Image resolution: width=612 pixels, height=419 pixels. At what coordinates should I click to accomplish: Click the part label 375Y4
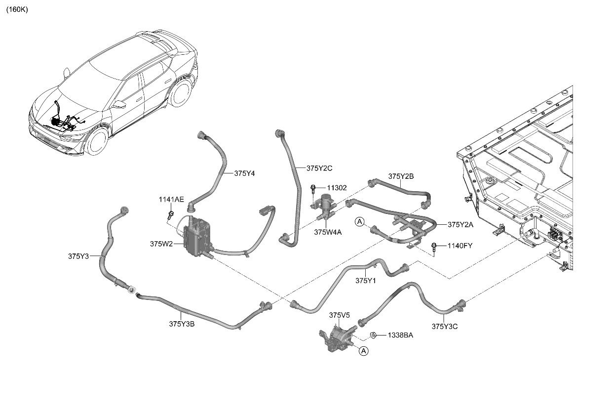pyautogui.click(x=244, y=173)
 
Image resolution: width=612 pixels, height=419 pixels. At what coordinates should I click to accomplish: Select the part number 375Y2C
pyautogui.click(x=319, y=168)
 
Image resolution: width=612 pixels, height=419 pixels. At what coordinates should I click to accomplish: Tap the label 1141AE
pyautogui.click(x=171, y=200)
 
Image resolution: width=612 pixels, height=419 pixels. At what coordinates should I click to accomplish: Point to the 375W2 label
pyautogui.click(x=161, y=244)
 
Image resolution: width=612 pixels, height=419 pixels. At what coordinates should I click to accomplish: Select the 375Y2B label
pyautogui.click(x=401, y=176)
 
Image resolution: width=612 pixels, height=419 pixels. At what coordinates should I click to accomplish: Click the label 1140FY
pyautogui.click(x=460, y=246)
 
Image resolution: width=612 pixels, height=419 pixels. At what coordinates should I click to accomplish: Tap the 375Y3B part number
pyautogui.click(x=182, y=324)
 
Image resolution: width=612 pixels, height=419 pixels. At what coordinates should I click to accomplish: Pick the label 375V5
pyautogui.click(x=339, y=315)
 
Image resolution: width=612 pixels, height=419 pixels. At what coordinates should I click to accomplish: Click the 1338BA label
pyautogui.click(x=401, y=335)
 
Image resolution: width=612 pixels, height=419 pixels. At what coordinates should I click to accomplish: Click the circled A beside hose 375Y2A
pyautogui.click(x=360, y=222)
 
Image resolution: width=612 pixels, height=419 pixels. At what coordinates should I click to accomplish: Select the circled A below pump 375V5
pyautogui.click(x=363, y=351)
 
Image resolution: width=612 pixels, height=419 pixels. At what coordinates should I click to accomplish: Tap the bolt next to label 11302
pyautogui.click(x=313, y=188)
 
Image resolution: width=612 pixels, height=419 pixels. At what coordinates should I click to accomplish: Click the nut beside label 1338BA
pyautogui.click(x=374, y=335)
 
